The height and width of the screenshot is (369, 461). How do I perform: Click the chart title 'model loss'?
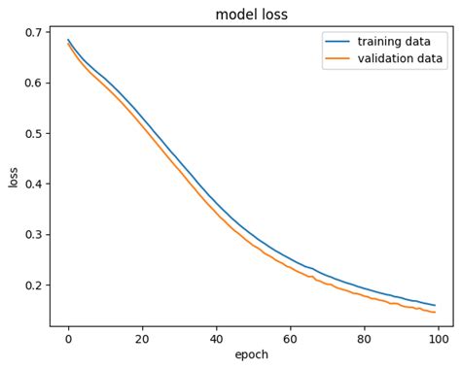point(251,15)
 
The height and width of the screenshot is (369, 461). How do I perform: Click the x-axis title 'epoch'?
point(251,355)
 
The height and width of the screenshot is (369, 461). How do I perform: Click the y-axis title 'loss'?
point(13,177)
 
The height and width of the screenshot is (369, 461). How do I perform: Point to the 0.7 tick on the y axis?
point(33,32)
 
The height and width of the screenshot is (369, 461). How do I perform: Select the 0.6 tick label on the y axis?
point(33,83)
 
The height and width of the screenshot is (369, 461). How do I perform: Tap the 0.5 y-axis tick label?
point(33,133)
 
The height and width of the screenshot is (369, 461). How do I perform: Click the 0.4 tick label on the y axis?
point(33,184)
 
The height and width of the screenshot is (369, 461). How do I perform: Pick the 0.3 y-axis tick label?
point(33,234)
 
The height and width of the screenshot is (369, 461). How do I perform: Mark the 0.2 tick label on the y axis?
point(33,285)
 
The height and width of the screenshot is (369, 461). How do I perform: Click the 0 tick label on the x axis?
point(68,339)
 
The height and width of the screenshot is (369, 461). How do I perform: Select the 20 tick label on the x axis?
point(142,339)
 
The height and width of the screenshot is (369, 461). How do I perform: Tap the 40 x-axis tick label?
point(216,339)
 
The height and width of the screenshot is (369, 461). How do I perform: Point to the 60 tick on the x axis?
point(290,339)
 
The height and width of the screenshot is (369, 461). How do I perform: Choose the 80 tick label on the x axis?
point(364,339)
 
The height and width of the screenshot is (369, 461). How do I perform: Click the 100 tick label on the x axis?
point(438,339)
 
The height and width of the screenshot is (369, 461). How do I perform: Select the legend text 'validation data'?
point(400,59)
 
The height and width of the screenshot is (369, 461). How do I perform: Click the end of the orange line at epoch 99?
point(435,312)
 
